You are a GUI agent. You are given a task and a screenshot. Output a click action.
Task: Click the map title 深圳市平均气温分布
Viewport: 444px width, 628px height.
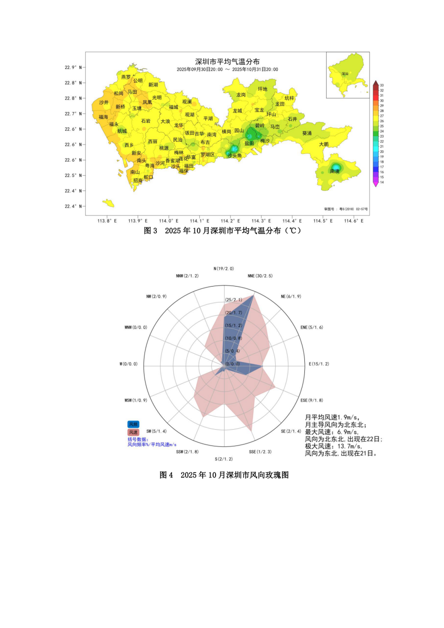(x=228, y=62)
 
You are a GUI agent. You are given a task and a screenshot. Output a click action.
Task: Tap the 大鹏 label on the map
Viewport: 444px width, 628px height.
(x=324, y=144)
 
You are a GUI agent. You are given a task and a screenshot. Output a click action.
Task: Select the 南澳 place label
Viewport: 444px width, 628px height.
(x=334, y=171)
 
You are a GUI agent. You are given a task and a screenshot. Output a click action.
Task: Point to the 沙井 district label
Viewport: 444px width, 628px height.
(x=104, y=103)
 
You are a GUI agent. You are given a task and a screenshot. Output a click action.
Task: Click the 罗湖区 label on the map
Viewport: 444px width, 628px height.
(x=208, y=154)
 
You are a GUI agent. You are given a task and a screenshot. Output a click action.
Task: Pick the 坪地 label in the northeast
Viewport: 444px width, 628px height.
(x=262, y=89)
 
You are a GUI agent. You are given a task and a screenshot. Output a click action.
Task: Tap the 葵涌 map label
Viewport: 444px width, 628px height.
(x=307, y=133)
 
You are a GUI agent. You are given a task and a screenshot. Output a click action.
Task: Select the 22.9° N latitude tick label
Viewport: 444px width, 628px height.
(x=74, y=67)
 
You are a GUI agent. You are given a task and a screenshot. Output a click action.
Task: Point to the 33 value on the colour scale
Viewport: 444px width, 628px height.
(x=382, y=85)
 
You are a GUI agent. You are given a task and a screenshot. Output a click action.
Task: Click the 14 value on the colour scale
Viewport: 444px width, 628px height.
(x=382, y=182)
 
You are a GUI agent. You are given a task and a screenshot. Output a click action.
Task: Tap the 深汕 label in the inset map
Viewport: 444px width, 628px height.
(x=345, y=74)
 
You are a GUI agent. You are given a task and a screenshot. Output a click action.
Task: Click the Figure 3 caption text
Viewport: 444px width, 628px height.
(x=222, y=231)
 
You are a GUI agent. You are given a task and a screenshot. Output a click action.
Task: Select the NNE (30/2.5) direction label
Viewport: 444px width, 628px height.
(x=260, y=276)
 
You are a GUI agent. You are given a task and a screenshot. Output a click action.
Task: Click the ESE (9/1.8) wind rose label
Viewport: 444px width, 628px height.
(x=312, y=400)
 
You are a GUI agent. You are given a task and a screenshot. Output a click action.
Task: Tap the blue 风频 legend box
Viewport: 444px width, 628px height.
(x=133, y=424)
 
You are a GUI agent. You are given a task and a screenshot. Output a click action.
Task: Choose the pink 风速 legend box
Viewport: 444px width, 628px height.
(x=133, y=432)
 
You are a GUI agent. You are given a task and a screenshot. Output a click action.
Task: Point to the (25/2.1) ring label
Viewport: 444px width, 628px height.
(x=233, y=300)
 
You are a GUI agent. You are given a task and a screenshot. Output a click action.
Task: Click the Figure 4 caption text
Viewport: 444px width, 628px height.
(x=224, y=475)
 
